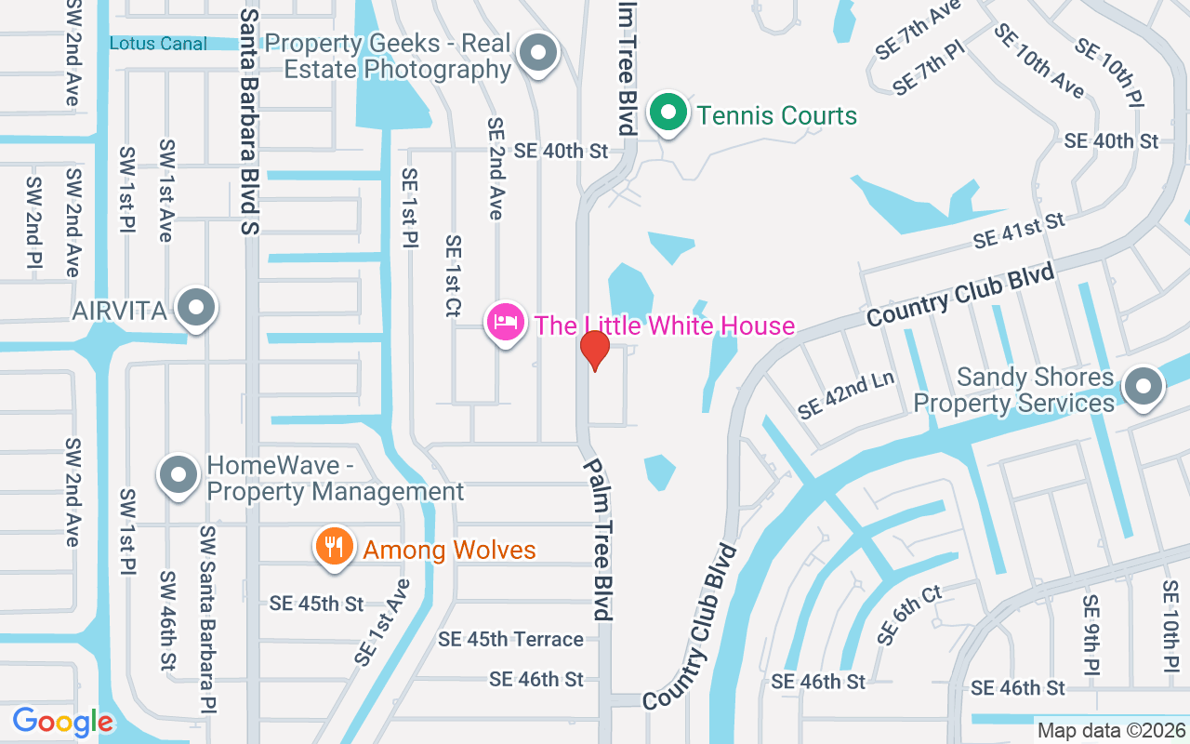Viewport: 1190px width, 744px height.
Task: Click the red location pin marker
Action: point(594,350)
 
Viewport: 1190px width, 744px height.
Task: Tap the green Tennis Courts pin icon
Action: point(668,113)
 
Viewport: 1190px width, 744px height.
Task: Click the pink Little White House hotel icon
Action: point(506,323)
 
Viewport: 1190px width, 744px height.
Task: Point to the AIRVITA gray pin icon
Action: point(197,308)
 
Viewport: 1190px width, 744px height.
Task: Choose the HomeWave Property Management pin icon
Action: point(178,476)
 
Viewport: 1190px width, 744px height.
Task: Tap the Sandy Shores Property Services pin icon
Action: point(1144,386)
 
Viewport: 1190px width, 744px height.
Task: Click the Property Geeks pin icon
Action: point(537,53)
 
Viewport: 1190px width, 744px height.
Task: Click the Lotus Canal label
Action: point(158,43)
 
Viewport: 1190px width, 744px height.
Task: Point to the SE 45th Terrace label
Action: point(510,639)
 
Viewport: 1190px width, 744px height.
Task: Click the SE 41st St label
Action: point(1018,230)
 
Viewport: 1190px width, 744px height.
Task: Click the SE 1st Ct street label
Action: point(453,276)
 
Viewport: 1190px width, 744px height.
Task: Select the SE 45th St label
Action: point(316,603)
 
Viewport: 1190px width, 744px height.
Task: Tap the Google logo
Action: point(63,722)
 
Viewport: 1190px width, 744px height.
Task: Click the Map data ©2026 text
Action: point(1111,730)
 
